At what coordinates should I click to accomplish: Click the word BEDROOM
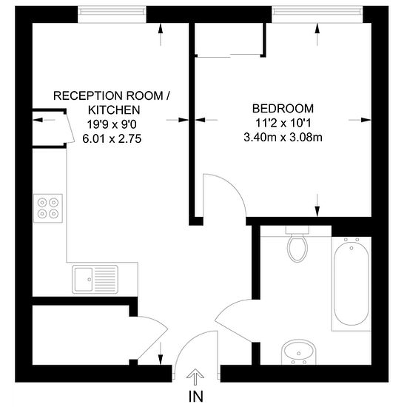pos(283,109)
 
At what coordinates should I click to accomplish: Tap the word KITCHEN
pos(114,110)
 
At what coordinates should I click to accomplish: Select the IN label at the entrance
pos(195,397)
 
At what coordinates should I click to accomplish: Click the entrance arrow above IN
pos(195,377)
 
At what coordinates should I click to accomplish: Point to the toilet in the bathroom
pos(297,248)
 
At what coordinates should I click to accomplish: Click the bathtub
pos(351,283)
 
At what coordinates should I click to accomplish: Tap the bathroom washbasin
pos(298,352)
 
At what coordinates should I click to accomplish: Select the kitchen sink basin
pos(84,279)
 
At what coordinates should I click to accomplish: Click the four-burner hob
pos(48,208)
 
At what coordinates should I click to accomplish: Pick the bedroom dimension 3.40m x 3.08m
pos(283,138)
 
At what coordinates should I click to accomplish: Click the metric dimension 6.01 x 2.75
pos(112,138)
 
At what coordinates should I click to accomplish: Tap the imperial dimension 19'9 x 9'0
pos(112,124)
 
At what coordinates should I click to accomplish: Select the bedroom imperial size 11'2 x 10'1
pos(283,123)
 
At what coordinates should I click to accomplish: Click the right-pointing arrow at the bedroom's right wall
pos(360,120)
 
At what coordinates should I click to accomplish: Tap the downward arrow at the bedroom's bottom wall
pos(317,205)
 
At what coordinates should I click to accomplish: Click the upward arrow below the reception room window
pos(161,35)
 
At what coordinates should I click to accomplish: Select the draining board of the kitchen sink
pos(105,279)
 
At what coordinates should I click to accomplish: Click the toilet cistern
pos(297,230)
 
